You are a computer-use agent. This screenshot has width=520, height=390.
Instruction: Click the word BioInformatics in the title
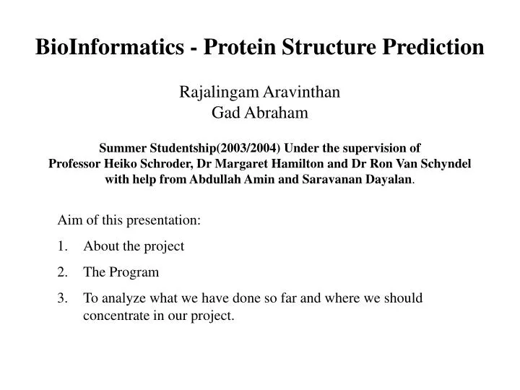click(x=108, y=47)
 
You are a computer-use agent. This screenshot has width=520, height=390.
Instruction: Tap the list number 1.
click(x=64, y=246)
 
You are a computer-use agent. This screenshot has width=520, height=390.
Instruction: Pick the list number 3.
click(x=64, y=298)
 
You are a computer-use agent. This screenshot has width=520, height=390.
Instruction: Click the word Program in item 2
click(x=132, y=272)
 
